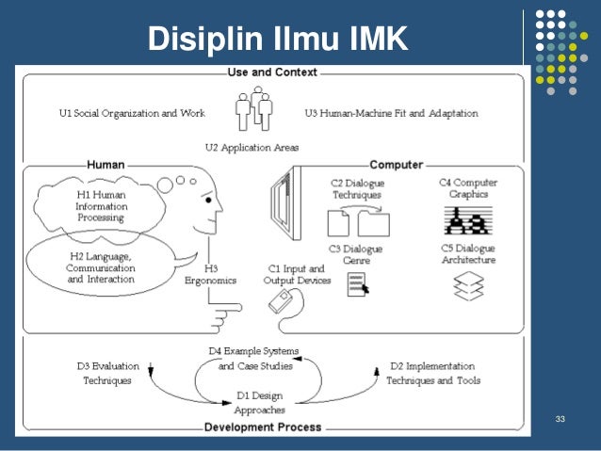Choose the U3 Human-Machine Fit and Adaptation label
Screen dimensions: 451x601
click(x=391, y=114)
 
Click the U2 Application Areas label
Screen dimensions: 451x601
click(x=252, y=148)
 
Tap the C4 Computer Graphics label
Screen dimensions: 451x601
click(x=469, y=188)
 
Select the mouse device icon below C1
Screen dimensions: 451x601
click(x=284, y=300)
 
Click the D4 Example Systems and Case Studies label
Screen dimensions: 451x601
click(x=253, y=359)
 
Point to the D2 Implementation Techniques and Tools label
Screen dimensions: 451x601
click(x=436, y=374)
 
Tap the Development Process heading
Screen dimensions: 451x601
click(x=263, y=427)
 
